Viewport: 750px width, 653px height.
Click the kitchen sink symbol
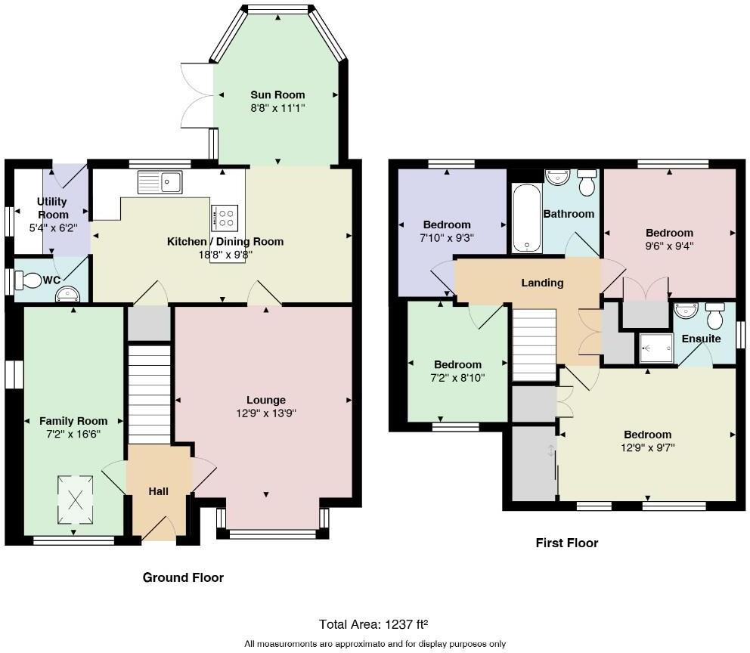[x=160, y=182]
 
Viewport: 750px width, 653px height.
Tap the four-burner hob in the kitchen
[x=225, y=218]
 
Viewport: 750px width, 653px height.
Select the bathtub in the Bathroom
[x=527, y=219]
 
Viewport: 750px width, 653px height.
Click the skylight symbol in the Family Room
[x=76, y=499]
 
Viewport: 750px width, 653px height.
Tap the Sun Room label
[x=277, y=94]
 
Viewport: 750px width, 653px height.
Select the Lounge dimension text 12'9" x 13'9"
[x=265, y=413]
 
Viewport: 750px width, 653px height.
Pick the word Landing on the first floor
[x=542, y=283]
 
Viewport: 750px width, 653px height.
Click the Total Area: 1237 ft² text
[x=373, y=624]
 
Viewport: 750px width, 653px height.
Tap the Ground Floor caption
[x=183, y=577]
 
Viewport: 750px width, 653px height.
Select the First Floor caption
[x=566, y=543]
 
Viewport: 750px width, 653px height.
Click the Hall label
[x=158, y=491]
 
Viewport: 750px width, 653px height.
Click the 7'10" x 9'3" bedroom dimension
[x=446, y=237]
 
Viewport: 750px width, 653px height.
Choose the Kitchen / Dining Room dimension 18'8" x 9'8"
[x=225, y=255]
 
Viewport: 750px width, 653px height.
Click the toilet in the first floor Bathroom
[x=587, y=182]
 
